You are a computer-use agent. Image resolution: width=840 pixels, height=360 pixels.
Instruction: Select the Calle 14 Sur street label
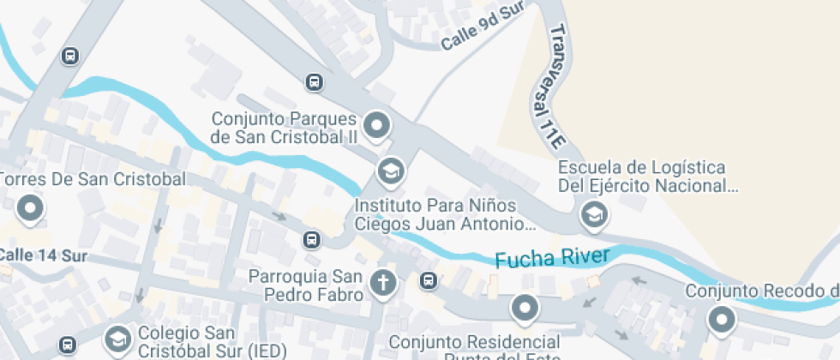[43, 255]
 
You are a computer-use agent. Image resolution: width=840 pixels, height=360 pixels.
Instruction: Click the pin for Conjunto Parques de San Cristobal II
[377, 127]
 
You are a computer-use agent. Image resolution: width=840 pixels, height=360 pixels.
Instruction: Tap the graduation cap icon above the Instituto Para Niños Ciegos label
[391, 171]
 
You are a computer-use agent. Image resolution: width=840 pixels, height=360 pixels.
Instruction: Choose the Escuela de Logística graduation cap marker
[592, 215]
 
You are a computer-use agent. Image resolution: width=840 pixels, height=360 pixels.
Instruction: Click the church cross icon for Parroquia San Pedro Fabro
[383, 281]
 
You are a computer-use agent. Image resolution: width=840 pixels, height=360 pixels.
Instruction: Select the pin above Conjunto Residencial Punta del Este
[524, 307]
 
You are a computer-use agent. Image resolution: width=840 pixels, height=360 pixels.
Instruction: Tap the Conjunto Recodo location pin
[721, 320]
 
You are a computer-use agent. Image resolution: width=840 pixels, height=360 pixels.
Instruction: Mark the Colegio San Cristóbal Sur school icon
[115, 339]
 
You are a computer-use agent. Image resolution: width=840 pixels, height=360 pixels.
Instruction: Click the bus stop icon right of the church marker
[429, 280]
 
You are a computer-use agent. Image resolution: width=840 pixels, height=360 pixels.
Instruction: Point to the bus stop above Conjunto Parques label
[315, 82]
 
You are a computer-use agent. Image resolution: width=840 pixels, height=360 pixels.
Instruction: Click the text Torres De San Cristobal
[92, 179]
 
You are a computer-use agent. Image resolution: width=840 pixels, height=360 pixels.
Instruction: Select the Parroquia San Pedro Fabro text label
[305, 285]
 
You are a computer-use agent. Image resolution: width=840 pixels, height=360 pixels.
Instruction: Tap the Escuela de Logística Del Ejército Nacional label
[647, 176]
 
